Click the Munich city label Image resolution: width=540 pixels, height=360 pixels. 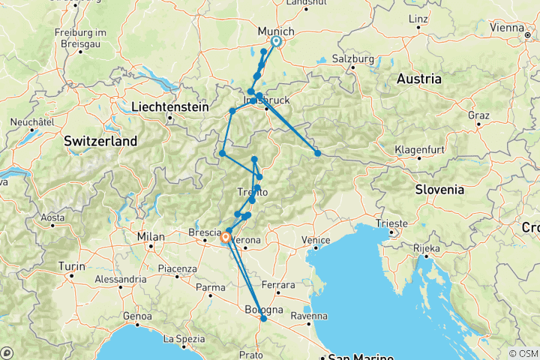click(x=271, y=31)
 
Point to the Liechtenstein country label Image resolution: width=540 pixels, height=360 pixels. click(x=169, y=107)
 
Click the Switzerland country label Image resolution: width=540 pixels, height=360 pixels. click(x=100, y=141)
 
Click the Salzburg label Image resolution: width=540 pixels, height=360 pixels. click(x=354, y=58)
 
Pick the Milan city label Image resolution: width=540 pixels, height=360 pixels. click(x=150, y=237)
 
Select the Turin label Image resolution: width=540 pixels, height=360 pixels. click(x=71, y=266)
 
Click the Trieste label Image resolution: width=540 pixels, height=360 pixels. click(x=393, y=223)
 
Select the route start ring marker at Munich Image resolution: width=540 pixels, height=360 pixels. click(x=276, y=42)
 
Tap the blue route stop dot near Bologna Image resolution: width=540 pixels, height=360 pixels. click(x=263, y=319)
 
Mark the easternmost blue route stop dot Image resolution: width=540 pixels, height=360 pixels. click(x=318, y=153)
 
